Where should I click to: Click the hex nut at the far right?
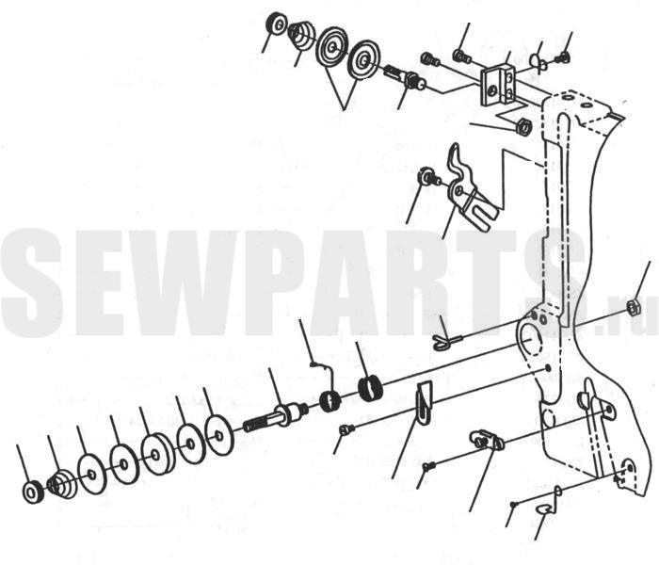633,307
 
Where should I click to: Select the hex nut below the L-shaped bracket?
523,125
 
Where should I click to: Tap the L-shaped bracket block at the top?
498,84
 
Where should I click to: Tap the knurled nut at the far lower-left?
32,492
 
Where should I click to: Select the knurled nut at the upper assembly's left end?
277,24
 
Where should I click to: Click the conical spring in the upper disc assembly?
302,35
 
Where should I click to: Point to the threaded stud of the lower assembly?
275,417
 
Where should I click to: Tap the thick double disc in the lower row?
157,454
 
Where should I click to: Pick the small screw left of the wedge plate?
347,429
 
